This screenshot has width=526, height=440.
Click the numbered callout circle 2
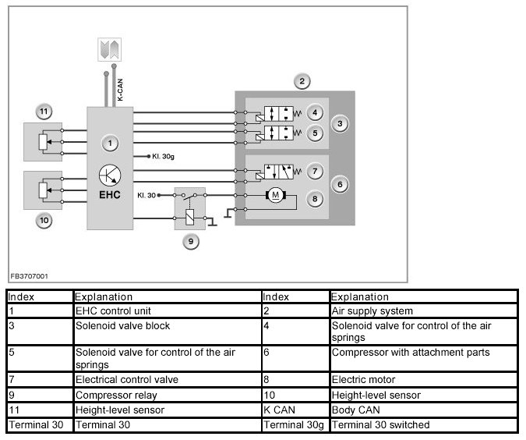pos(302,81)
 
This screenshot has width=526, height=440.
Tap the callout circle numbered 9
pos(191,242)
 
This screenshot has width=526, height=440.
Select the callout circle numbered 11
pos(44,112)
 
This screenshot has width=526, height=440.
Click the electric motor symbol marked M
pos(276,195)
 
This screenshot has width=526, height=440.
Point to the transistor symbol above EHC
pos(110,175)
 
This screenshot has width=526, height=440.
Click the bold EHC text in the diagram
pos(110,195)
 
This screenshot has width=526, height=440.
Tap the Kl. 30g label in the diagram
pos(163,156)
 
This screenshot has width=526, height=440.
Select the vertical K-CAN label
pos(120,90)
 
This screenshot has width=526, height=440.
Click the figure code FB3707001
pos(29,276)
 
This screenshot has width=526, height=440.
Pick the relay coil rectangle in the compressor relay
pos(190,217)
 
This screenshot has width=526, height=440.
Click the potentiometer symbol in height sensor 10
pos(43,190)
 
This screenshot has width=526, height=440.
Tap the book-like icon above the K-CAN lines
pos(109,49)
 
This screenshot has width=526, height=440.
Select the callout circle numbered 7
pos(315,172)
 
